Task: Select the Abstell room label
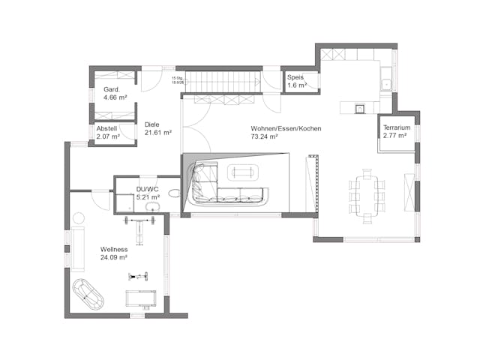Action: point(106,128)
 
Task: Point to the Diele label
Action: point(151,124)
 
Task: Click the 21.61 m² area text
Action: point(158,133)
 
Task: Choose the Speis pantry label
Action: point(296,77)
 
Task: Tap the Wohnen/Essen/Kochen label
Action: point(286,128)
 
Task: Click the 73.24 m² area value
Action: point(265,137)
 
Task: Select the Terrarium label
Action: point(396,128)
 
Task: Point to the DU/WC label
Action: point(146,190)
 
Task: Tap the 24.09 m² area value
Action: point(113,257)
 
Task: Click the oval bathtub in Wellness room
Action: point(89,295)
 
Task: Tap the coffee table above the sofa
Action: point(241,172)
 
